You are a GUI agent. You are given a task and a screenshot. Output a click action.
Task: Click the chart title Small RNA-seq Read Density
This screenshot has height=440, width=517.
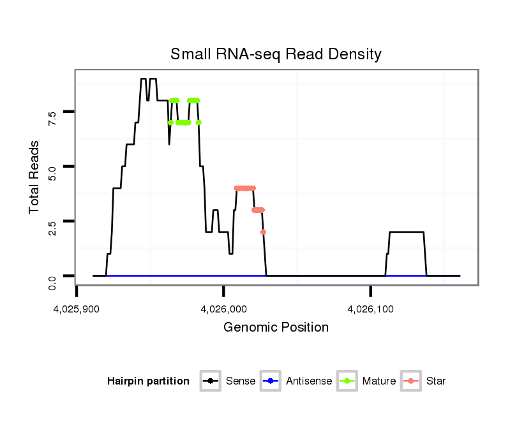tap(276, 54)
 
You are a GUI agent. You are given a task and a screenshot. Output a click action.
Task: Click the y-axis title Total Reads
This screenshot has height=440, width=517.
tap(35, 177)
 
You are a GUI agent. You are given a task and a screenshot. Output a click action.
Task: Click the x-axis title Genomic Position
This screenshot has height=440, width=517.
tap(276, 328)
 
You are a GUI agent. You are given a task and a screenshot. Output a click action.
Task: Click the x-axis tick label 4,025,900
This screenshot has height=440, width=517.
tap(77, 309)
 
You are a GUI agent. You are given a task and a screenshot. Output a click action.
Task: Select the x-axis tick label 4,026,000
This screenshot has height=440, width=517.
tap(223, 309)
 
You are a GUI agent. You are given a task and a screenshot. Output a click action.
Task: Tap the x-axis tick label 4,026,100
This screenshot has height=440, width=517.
tap(370, 309)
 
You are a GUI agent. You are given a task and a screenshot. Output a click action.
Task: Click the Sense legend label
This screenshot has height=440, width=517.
tap(241, 381)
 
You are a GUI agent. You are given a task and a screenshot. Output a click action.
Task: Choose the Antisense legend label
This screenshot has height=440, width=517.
tap(309, 381)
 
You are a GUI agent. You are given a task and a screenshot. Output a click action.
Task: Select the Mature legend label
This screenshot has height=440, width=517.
tap(379, 381)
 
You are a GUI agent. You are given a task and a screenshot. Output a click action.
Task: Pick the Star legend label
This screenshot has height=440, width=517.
tap(436, 381)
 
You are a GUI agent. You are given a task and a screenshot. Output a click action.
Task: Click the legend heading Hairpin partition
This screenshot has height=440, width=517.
tap(148, 381)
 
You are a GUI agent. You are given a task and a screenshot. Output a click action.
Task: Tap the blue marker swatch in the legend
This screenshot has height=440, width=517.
tap(270, 381)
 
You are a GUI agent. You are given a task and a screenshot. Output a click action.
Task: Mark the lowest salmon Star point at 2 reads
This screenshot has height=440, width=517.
tap(263, 232)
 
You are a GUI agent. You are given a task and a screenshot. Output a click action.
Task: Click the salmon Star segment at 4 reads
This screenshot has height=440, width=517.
tap(245, 188)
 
